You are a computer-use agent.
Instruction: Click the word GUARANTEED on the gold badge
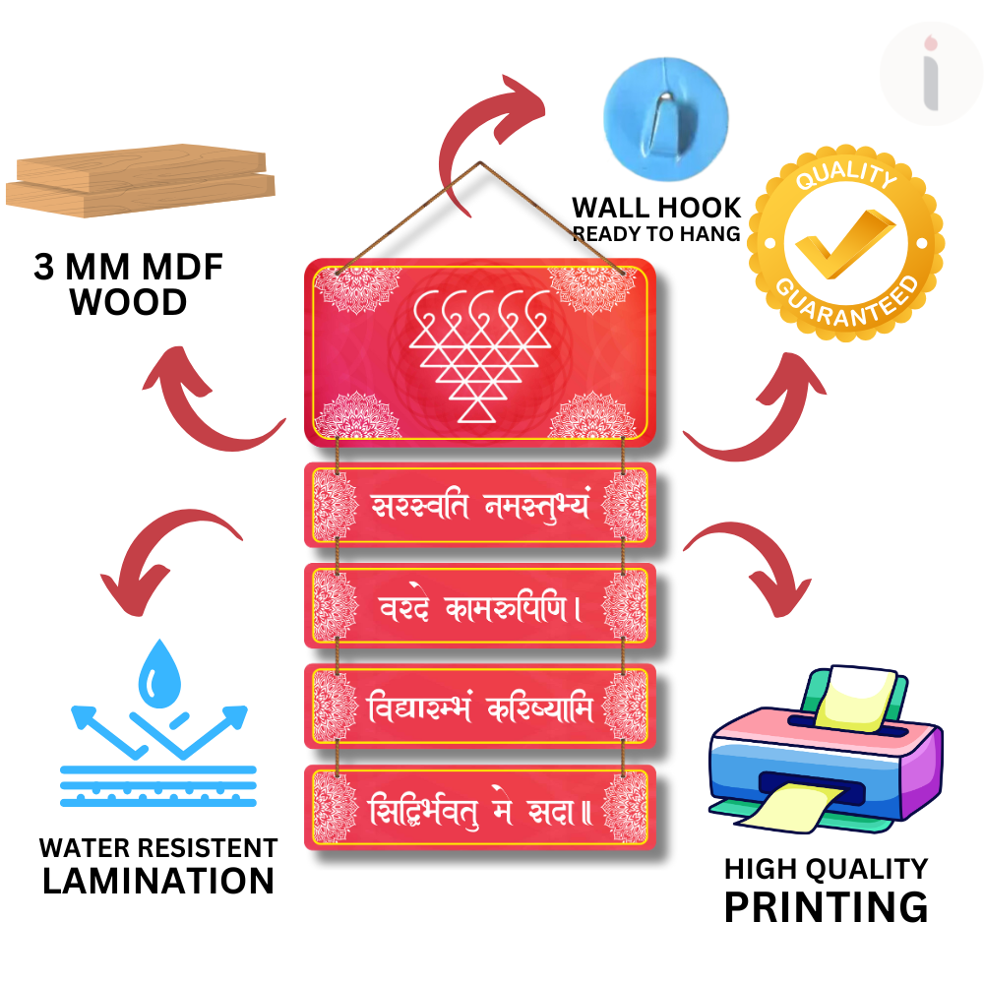(848, 300)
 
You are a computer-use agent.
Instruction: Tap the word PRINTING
(826, 906)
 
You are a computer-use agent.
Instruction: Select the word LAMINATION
(157, 881)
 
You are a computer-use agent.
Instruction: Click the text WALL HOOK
(656, 208)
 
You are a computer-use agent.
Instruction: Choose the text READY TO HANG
(656, 234)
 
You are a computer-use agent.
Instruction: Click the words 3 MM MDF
(129, 268)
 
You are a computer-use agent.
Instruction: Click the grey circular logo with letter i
(930, 74)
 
